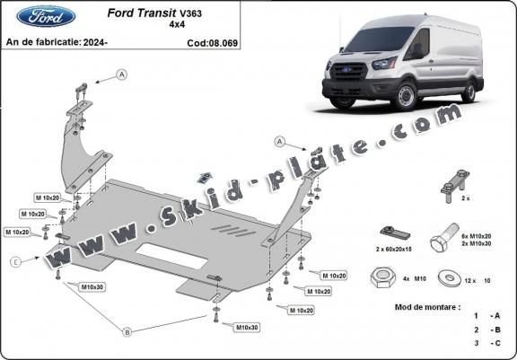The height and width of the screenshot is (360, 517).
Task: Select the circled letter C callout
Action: pyautogui.click(x=16, y=262)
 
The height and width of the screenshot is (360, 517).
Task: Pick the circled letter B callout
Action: pyautogui.click(x=127, y=332)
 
